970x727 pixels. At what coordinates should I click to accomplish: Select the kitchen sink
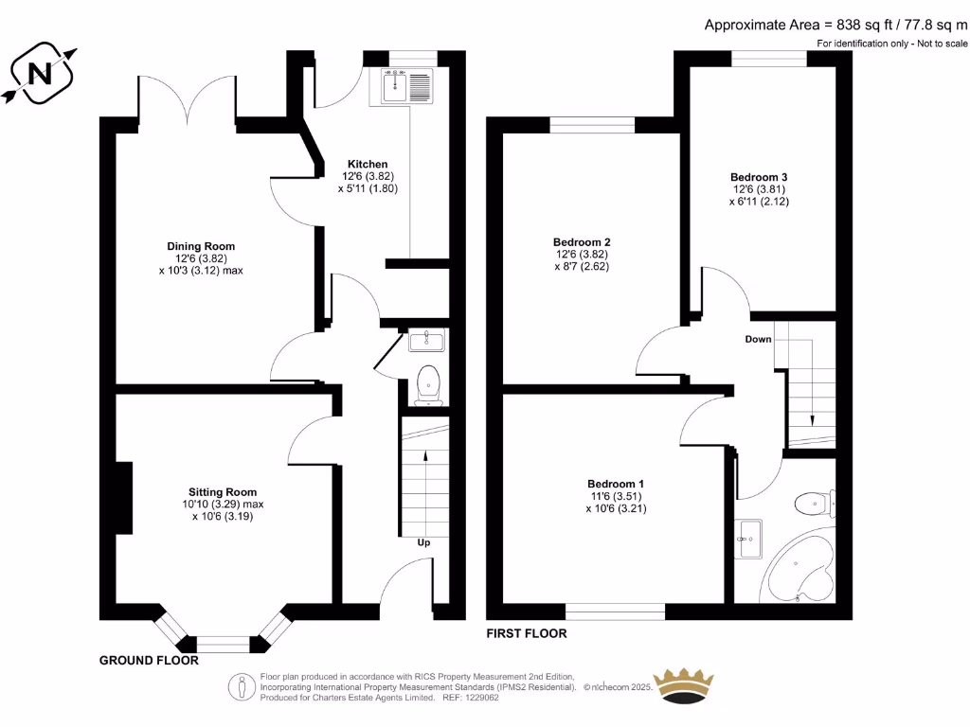pos(407,84)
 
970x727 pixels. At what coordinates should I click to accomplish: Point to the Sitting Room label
pos(223,492)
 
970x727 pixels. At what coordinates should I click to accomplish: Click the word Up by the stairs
pos(425,543)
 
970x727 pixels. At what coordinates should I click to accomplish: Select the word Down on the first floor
pos(758,339)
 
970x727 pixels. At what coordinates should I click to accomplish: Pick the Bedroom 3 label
pos(759,177)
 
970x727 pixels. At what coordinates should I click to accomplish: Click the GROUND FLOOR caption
pos(149,661)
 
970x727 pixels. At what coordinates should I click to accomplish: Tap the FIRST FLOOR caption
pos(527,633)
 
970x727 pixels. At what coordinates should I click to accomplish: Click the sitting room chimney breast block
pos(122,497)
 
